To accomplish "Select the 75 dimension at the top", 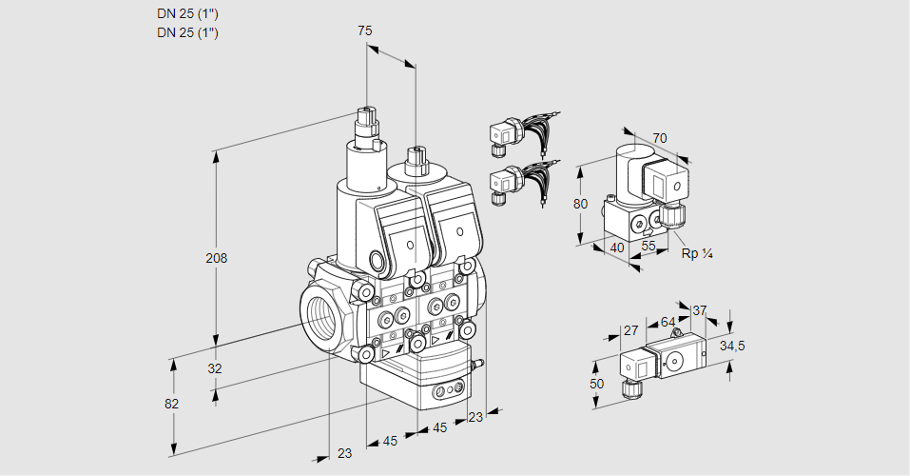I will pyautogui.click(x=365, y=31).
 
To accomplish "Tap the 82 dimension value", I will pyautogui.click(x=172, y=404).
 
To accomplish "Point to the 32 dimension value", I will pyautogui.click(x=215, y=368).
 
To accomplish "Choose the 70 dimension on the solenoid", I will pyautogui.click(x=660, y=138).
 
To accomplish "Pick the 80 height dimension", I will pyautogui.click(x=583, y=203).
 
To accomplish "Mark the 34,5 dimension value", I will pyautogui.click(x=732, y=346).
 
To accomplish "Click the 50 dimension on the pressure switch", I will pyautogui.click(x=596, y=383).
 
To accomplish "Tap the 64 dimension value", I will pyautogui.click(x=668, y=322).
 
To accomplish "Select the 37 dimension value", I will pyautogui.click(x=700, y=310).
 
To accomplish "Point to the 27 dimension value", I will pyautogui.click(x=629, y=330).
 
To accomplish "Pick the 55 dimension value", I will pyautogui.click(x=649, y=247).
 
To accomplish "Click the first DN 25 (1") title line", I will pyautogui.click(x=187, y=14).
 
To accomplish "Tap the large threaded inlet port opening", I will pyautogui.click(x=319, y=313).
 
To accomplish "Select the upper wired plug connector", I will pyautogui.click(x=504, y=134).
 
